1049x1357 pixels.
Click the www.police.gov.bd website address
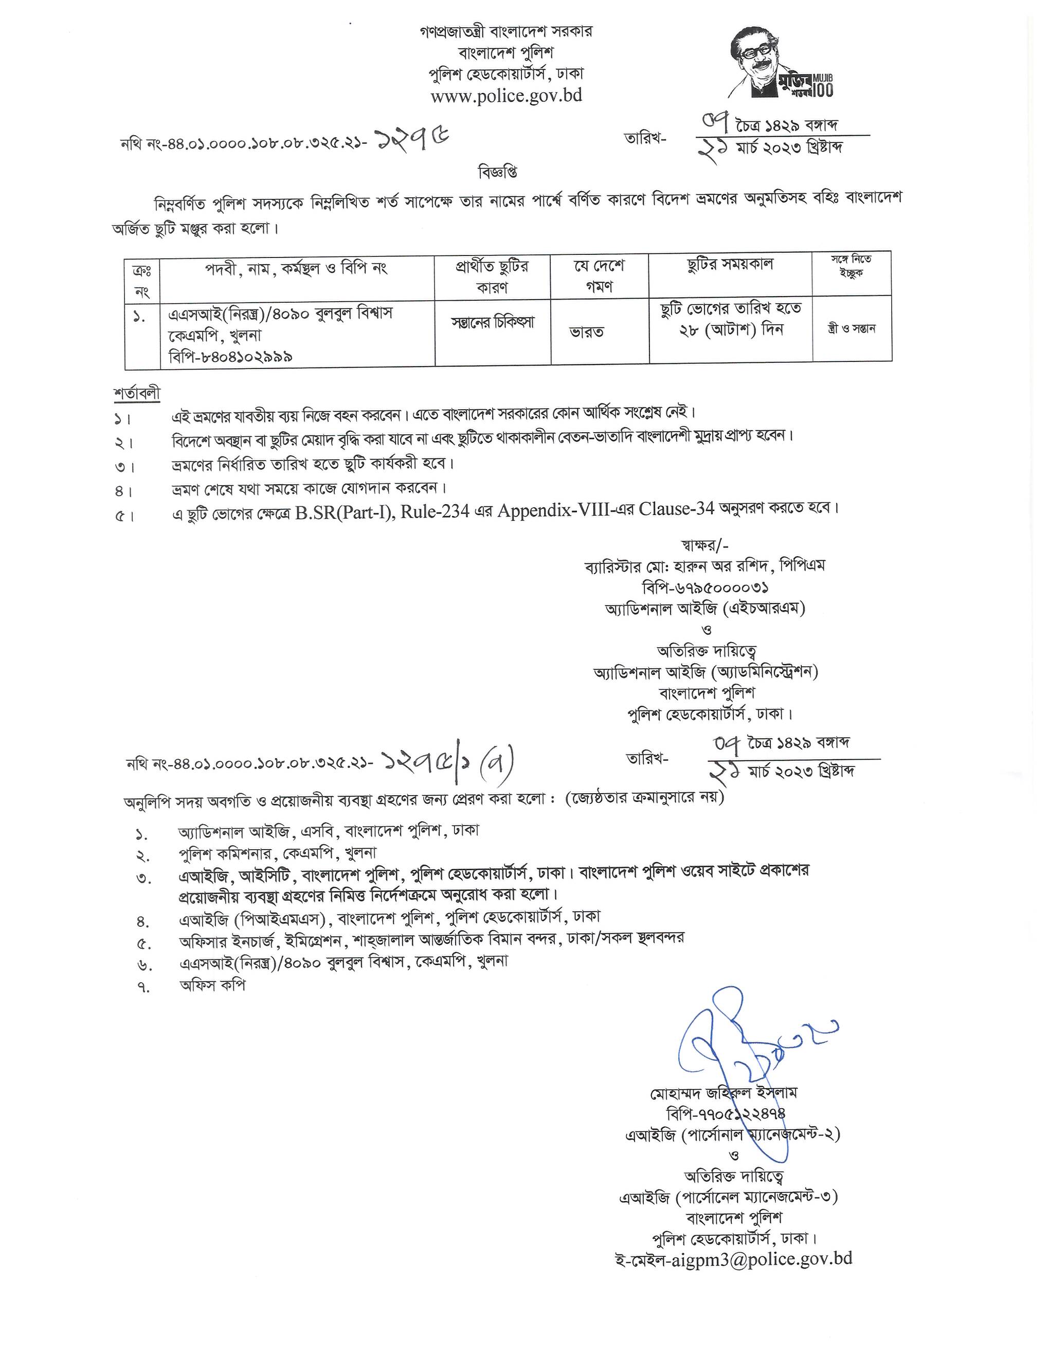tap(506, 96)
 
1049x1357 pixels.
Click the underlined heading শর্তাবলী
tap(137, 393)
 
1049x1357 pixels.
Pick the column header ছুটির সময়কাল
tap(730, 264)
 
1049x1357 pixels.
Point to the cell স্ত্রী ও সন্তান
tap(852, 328)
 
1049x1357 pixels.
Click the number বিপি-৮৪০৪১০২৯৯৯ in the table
tap(230, 356)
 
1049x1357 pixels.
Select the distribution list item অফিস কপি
tap(212, 985)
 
